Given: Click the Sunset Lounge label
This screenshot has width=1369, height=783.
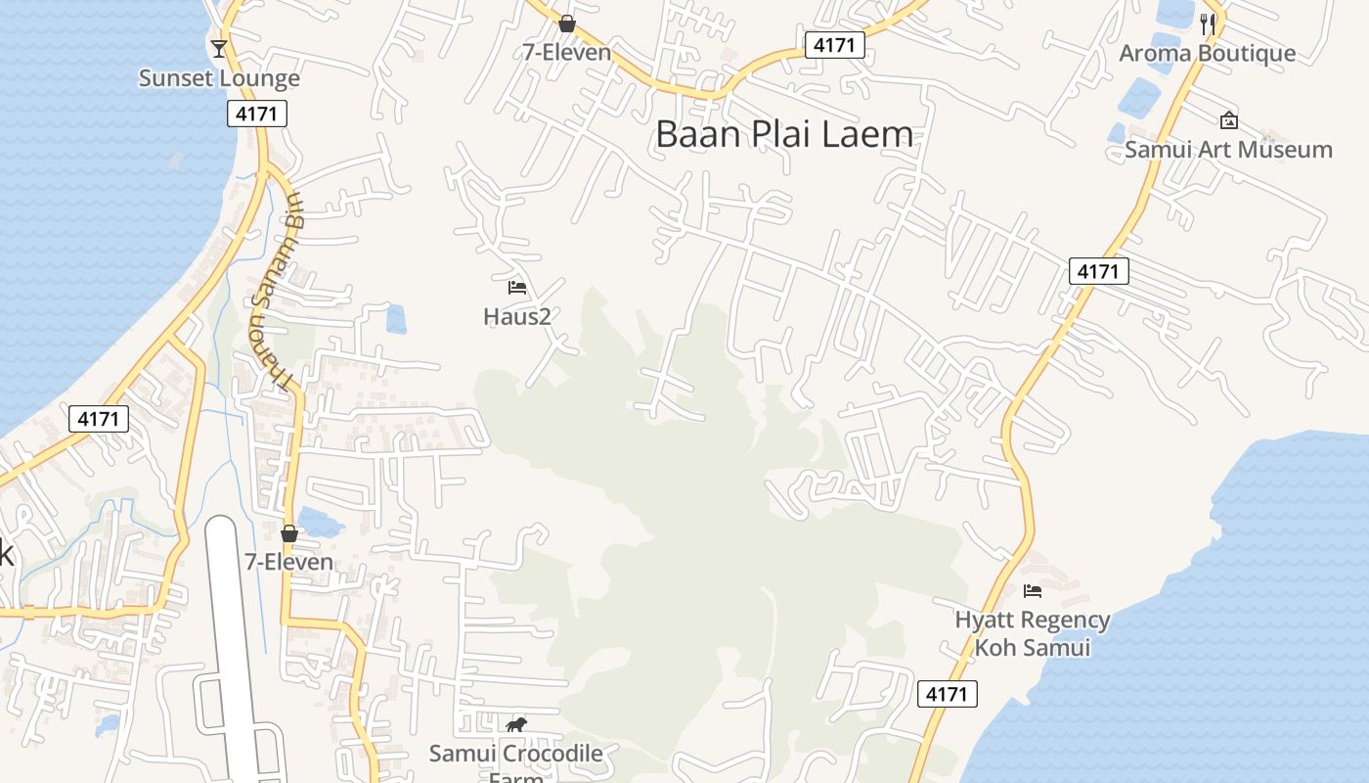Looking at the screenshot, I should click(x=219, y=78).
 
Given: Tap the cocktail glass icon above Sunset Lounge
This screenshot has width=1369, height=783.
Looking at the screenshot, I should click(x=218, y=47).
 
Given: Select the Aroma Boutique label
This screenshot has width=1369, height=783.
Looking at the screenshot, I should click(x=1207, y=53).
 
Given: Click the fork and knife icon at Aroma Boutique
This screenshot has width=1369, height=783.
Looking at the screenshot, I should click(x=1209, y=24).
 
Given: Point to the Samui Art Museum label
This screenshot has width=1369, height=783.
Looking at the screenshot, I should click(x=1228, y=150).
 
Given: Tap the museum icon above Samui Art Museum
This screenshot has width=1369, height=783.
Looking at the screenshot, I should click(x=1229, y=120).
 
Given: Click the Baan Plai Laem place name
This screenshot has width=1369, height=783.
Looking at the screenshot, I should click(x=784, y=134).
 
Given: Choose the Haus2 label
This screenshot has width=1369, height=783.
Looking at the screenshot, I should click(x=517, y=316).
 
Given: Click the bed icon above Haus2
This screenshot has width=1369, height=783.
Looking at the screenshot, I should click(x=517, y=288).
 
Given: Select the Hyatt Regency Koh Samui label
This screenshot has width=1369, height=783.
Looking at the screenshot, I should click(x=1032, y=633).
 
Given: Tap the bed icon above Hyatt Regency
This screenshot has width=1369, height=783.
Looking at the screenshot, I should click(x=1032, y=590).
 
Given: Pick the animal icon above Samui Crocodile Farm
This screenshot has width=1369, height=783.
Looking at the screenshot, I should click(x=515, y=725).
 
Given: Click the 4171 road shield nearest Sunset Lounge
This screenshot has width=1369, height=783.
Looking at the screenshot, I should click(x=258, y=114).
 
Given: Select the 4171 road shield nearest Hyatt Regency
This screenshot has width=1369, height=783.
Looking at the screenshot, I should click(x=948, y=694).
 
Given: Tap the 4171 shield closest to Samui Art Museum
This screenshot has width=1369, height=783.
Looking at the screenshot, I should click(x=1099, y=271).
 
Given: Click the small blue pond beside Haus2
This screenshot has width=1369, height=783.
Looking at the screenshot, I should click(x=396, y=319).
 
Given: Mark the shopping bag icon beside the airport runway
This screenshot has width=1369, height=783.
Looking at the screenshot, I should click(x=289, y=533).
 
